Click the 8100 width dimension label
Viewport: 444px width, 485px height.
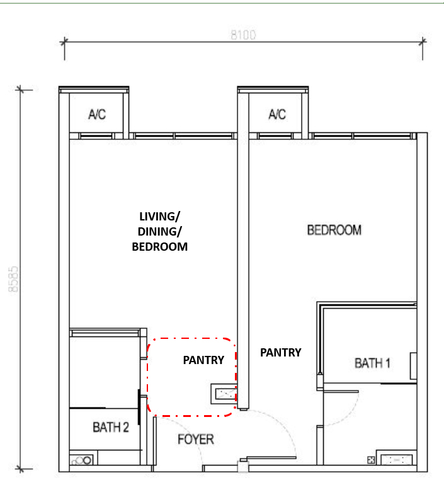[243, 35]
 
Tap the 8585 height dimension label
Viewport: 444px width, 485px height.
[13, 279]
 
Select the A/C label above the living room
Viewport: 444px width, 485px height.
[97, 114]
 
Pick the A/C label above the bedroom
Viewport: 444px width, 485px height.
[277, 114]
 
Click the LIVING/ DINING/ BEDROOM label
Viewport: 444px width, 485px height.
[159, 231]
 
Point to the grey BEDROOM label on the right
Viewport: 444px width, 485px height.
[334, 230]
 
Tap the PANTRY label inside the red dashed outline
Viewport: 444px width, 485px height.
[203, 360]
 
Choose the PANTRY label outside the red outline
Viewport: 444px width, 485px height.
[280, 352]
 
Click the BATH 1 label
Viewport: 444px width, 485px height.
[372, 363]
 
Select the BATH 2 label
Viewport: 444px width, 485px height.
[111, 427]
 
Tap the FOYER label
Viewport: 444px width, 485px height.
[196, 439]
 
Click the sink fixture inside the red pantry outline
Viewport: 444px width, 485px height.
[224, 394]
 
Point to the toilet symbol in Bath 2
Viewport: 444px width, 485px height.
[82, 460]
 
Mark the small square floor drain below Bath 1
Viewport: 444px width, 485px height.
[371, 460]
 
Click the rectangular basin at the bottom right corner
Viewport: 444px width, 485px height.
[396, 460]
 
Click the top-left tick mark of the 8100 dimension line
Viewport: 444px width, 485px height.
[64, 42]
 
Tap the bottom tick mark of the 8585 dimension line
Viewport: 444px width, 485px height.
[20, 469]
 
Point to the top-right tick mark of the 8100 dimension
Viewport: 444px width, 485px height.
[423, 42]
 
